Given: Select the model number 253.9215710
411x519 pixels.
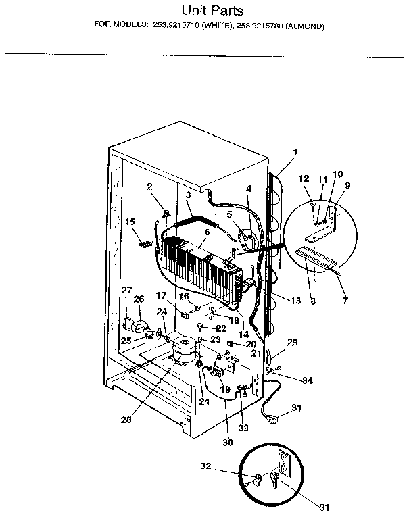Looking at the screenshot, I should point(179,27).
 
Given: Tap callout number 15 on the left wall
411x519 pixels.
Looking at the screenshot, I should point(130,221).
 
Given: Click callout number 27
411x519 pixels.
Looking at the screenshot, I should point(126,291).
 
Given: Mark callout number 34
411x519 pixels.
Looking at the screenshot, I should point(308,381).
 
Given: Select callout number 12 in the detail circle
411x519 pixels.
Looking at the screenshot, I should point(304,178).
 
